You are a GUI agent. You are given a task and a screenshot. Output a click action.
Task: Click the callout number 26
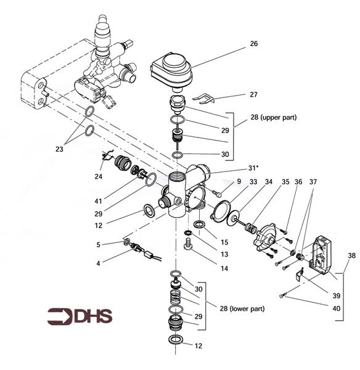point(253,44)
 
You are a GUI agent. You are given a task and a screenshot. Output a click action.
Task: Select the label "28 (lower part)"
point(237,307)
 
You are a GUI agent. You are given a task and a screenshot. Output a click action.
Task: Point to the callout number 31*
point(255,168)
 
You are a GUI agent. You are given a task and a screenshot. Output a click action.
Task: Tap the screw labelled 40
point(282,297)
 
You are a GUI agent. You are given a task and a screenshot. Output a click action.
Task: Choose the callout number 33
point(254,183)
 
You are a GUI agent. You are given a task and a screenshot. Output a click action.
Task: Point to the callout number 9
point(239,183)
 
